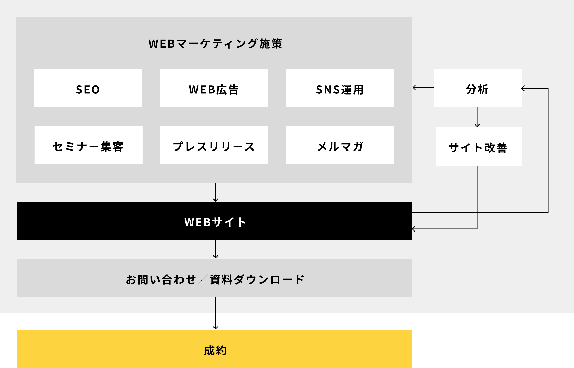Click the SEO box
88,88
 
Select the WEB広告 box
214,88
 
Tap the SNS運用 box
340,88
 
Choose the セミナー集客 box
89,145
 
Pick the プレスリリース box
214,145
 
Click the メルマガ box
340,145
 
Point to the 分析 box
478,88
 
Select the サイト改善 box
478,146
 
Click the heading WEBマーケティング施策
215,44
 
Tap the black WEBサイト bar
215,221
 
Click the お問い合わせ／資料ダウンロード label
215,279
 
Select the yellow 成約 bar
215,349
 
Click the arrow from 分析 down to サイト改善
477,117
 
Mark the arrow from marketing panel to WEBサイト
216,192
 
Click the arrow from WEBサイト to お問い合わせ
216,249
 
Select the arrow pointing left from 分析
423,88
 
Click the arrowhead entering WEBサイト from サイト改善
414,229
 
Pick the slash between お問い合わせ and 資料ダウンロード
203,279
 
